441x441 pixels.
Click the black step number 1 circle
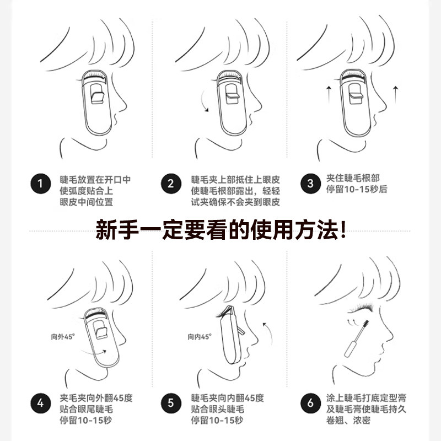coord(39,184)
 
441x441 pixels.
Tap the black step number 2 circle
coord(171,184)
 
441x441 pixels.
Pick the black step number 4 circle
coord(39,404)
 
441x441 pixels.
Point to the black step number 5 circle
coord(171,404)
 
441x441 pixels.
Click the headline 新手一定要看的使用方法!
coord(220,229)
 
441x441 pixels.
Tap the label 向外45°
coord(62,335)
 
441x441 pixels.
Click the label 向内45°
coord(198,337)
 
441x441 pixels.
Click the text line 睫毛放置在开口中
coord(95,179)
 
